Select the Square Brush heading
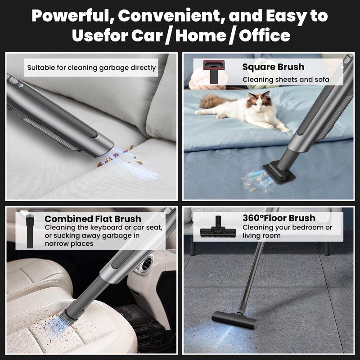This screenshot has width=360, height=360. click(x=273, y=67)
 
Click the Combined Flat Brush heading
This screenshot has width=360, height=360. click(x=93, y=219)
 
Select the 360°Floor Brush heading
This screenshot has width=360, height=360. click(x=279, y=218)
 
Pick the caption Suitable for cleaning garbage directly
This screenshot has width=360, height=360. click(x=91, y=68)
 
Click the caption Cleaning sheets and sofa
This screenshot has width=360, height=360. click(x=286, y=80)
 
